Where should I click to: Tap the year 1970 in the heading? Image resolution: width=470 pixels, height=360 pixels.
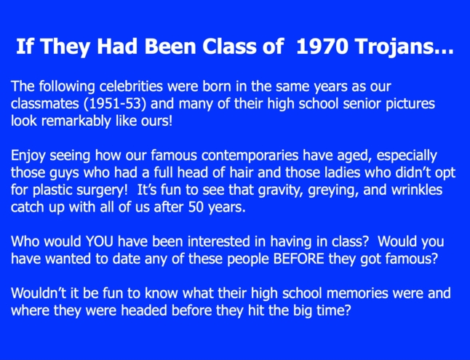tap(322, 46)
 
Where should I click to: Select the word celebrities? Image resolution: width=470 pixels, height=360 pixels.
tap(131, 87)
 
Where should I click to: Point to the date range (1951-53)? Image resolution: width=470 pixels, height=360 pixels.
tap(115, 104)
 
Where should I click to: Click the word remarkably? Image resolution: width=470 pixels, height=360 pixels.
tap(76, 121)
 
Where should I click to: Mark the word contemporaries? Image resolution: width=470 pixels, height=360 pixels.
tap(250, 156)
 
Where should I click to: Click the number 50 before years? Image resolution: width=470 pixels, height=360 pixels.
tap(196, 207)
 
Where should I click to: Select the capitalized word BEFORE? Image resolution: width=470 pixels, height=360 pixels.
tap(298, 259)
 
